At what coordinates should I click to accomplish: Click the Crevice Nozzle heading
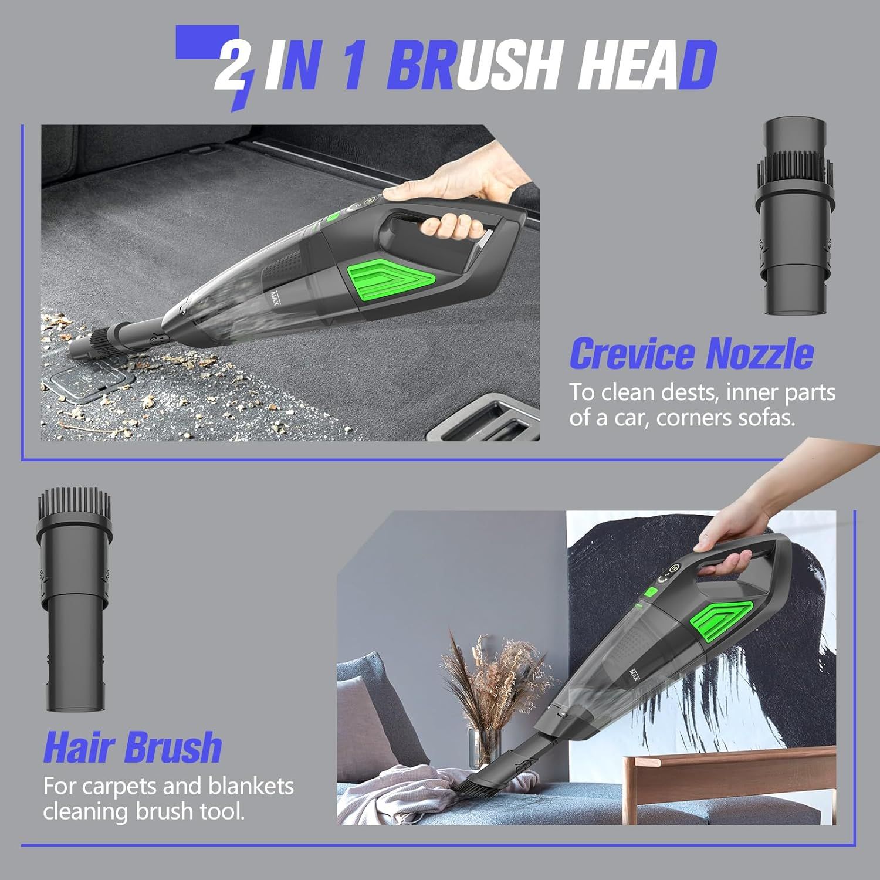pyautogui.click(x=692, y=353)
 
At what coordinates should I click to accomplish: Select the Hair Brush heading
pyautogui.click(x=133, y=747)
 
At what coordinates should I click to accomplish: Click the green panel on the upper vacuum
pyautogui.click(x=392, y=280)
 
